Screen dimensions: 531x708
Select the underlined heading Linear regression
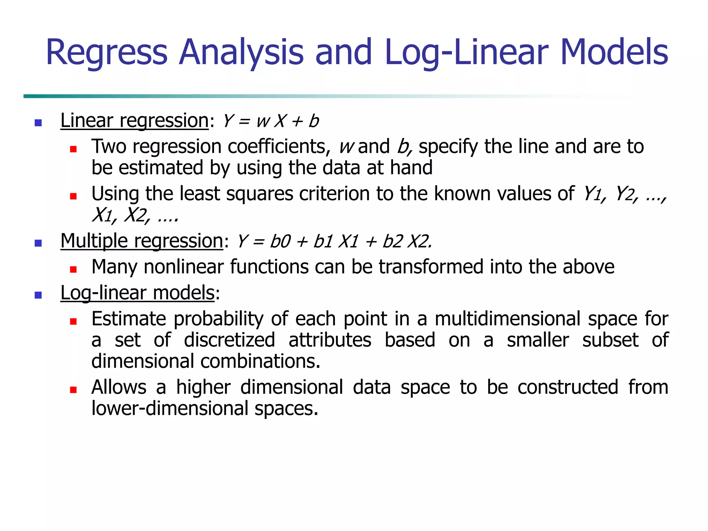134,121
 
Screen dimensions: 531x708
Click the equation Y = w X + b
271,121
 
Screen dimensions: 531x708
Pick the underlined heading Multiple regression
142,241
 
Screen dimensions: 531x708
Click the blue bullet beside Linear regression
38,123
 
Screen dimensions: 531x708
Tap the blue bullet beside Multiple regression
38,243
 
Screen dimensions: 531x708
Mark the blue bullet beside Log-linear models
38,295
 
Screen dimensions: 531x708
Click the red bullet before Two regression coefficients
73,149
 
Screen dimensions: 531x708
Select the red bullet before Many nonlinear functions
73,270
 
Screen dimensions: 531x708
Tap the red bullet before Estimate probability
73,322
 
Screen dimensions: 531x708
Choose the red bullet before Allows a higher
73,390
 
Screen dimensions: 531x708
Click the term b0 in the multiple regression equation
280,242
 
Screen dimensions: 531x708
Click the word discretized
230,340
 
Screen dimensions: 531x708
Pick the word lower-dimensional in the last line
170,409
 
